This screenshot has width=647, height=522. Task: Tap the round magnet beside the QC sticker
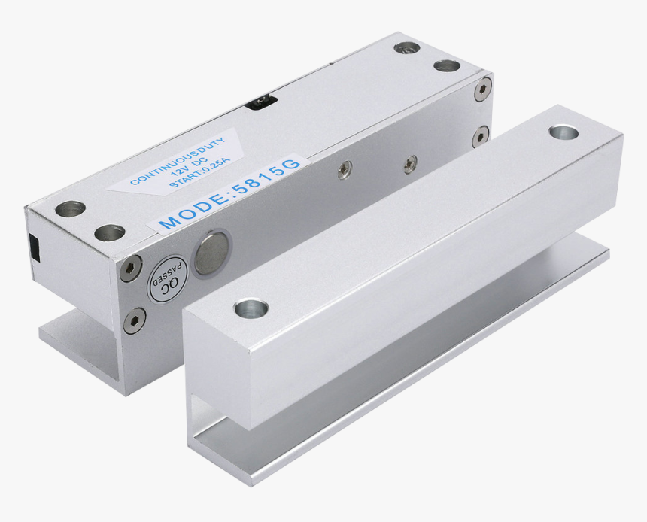210,252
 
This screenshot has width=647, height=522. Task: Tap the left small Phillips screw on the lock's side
345,170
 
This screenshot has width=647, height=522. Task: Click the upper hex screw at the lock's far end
482,91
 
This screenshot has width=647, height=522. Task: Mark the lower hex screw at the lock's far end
480,137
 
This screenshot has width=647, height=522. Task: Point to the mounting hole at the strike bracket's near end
251,308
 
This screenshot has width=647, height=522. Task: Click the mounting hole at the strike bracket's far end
563,133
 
